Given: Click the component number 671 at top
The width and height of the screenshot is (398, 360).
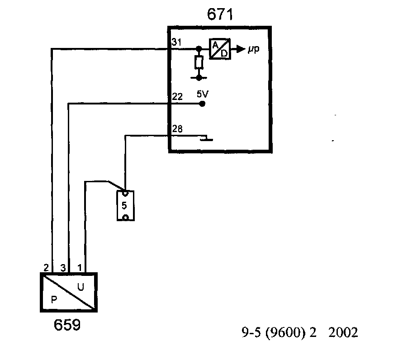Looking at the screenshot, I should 220,15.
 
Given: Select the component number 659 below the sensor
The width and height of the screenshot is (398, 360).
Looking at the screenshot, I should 67,325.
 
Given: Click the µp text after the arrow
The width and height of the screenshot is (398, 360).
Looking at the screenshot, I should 253,48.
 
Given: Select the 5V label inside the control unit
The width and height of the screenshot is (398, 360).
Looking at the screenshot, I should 202,95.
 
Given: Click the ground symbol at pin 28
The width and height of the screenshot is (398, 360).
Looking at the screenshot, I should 207,138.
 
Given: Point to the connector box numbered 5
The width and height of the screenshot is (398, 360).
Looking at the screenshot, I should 125,205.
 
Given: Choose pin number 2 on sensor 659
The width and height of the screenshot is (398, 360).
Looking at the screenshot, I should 46,268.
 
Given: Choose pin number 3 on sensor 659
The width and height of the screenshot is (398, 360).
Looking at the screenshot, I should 63,268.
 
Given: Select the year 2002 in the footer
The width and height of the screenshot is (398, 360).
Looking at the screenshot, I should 344,333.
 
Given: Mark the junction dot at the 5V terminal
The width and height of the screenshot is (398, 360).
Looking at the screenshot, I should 202,104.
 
